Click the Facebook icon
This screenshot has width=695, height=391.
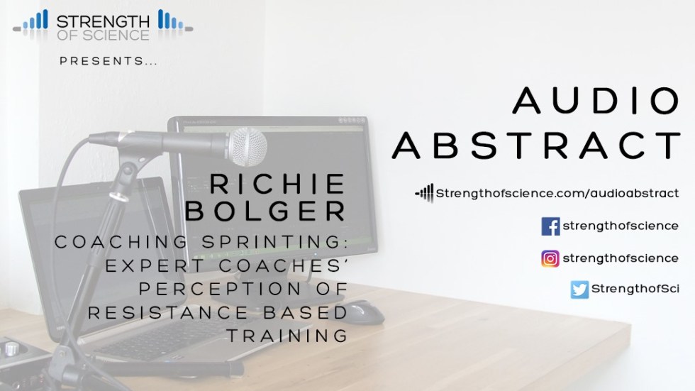point(550,226)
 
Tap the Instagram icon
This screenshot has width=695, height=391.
point(550,258)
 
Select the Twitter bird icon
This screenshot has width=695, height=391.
point(579,290)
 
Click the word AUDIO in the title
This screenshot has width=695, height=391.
point(596,101)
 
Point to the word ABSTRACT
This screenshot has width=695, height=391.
point(536,145)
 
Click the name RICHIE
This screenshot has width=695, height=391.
point(277,184)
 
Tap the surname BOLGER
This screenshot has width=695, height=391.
point(265,211)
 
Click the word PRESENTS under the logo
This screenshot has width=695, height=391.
point(104,61)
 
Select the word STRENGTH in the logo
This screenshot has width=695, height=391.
point(103,21)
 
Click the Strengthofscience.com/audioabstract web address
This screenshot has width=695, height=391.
point(557,193)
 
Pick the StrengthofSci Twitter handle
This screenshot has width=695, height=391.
point(635,289)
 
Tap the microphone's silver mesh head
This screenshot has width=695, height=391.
point(248,147)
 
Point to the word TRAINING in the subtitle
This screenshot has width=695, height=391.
point(288,336)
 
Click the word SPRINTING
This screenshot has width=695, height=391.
point(274,242)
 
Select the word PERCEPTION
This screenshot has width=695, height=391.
point(221,289)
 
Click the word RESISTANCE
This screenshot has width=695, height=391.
point(167,312)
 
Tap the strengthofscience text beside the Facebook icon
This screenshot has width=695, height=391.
point(621,226)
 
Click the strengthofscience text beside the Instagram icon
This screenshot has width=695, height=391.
point(621,258)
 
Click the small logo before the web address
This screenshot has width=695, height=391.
point(424,193)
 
